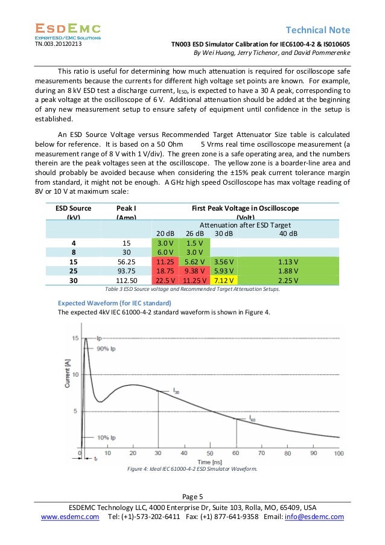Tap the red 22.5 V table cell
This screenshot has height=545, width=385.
(165, 280)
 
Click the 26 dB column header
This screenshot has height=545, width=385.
(194, 234)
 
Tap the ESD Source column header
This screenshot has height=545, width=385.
(74, 212)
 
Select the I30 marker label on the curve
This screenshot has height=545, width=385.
(176, 393)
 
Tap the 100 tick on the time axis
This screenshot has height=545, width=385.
(338, 453)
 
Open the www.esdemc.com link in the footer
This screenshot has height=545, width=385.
(70, 517)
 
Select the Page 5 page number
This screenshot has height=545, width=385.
(192, 496)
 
